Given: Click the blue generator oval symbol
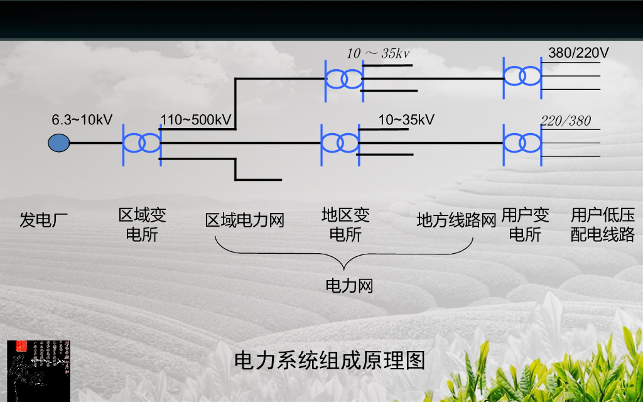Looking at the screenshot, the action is (x=59, y=143).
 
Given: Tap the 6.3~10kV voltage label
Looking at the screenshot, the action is (x=82, y=119).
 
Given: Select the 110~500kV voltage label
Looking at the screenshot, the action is (x=196, y=119).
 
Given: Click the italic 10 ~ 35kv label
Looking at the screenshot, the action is (x=378, y=53).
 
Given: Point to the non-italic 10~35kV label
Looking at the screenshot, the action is (x=406, y=119).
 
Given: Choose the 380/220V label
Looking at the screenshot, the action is (x=578, y=53).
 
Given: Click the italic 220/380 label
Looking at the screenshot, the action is (x=566, y=121).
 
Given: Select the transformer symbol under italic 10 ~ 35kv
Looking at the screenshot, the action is (x=344, y=79).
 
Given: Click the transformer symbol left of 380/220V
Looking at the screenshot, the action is (x=522, y=77).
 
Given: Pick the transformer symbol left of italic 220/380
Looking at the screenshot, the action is (x=522, y=143).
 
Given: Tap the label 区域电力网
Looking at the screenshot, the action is (x=245, y=220).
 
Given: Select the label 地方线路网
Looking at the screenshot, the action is (x=457, y=220).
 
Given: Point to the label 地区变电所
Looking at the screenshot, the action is (x=345, y=225).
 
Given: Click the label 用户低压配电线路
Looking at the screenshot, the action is (x=603, y=225).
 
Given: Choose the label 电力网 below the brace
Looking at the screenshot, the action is (x=349, y=286).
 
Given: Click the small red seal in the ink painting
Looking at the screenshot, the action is (x=21, y=345).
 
